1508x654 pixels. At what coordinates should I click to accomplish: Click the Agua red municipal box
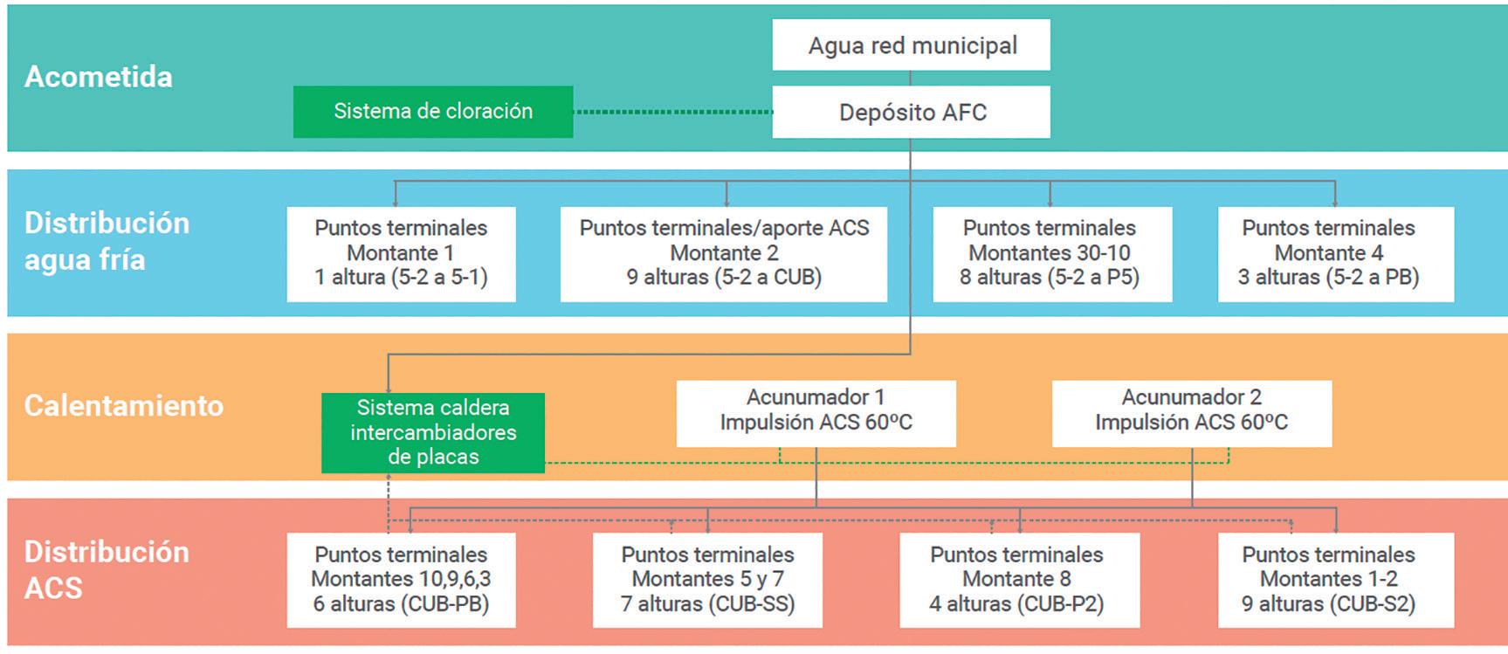(x=911, y=45)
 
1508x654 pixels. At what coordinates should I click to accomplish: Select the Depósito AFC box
(x=911, y=113)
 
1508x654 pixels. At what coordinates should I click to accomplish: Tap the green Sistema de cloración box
(x=433, y=112)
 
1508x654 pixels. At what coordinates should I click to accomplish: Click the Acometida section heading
(x=99, y=77)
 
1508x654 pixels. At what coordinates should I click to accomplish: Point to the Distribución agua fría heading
(x=107, y=241)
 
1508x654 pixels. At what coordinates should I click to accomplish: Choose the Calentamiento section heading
(x=124, y=406)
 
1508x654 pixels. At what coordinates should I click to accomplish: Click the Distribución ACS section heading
(x=107, y=569)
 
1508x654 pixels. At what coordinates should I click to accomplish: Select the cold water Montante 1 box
(x=401, y=253)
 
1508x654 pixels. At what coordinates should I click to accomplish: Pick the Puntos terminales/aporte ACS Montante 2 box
(x=724, y=253)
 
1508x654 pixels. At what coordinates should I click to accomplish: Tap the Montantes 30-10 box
(x=1051, y=253)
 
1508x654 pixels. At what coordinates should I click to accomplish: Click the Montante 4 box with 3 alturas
(x=1335, y=253)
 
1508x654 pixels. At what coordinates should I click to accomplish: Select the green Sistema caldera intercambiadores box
(x=433, y=432)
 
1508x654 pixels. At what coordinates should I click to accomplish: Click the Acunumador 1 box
(x=816, y=410)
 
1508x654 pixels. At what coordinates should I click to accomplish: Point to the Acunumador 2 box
(x=1191, y=410)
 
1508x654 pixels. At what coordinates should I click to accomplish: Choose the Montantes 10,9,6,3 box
(x=401, y=579)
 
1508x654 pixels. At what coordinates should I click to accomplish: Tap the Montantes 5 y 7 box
(x=707, y=579)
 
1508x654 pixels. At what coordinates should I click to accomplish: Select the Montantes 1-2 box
(x=1335, y=579)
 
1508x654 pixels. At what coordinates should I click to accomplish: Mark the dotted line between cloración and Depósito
(x=672, y=112)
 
